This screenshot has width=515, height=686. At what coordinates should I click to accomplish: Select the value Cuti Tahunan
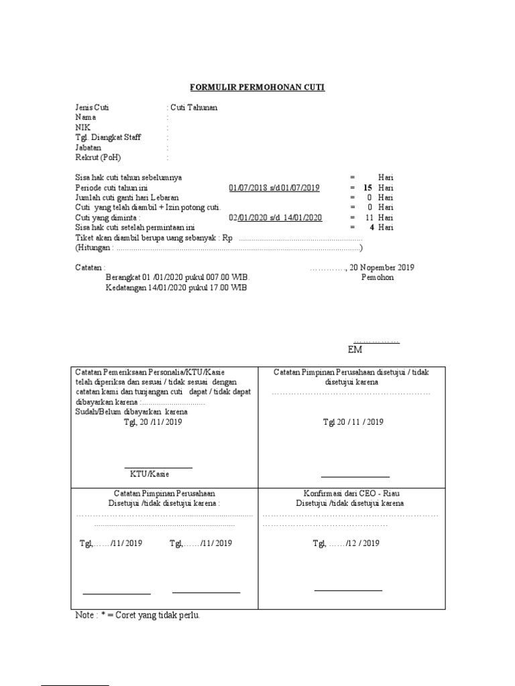[193, 107]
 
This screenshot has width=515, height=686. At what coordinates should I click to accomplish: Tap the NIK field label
[82, 127]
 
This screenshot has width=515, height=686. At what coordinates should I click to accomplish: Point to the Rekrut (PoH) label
[98, 157]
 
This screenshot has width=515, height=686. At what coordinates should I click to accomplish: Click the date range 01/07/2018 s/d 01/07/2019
[274, 188]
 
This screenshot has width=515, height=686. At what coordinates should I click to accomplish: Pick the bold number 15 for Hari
[367, 188]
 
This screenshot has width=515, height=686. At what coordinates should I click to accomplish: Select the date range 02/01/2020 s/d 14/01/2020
[276, 218]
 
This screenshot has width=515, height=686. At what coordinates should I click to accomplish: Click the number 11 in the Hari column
[368, 218]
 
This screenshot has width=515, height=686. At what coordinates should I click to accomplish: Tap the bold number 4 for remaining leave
[371, 228]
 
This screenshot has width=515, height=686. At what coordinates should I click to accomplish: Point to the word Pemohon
[378, 277]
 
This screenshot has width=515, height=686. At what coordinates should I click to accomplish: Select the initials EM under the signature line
[355, 350]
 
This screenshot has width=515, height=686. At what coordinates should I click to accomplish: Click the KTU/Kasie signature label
[150, 474]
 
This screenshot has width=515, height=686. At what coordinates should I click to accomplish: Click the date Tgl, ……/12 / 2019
[346, 543]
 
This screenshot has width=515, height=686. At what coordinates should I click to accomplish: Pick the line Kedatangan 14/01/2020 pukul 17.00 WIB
[176, 287]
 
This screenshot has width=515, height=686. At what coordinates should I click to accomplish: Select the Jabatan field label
[89, 147]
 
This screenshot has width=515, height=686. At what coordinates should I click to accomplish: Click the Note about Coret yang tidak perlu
[137, 615]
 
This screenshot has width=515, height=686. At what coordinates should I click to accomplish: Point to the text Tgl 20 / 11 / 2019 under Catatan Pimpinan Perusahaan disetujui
[353, 422]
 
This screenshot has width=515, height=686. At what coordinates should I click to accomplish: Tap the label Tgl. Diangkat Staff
[108, 137]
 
